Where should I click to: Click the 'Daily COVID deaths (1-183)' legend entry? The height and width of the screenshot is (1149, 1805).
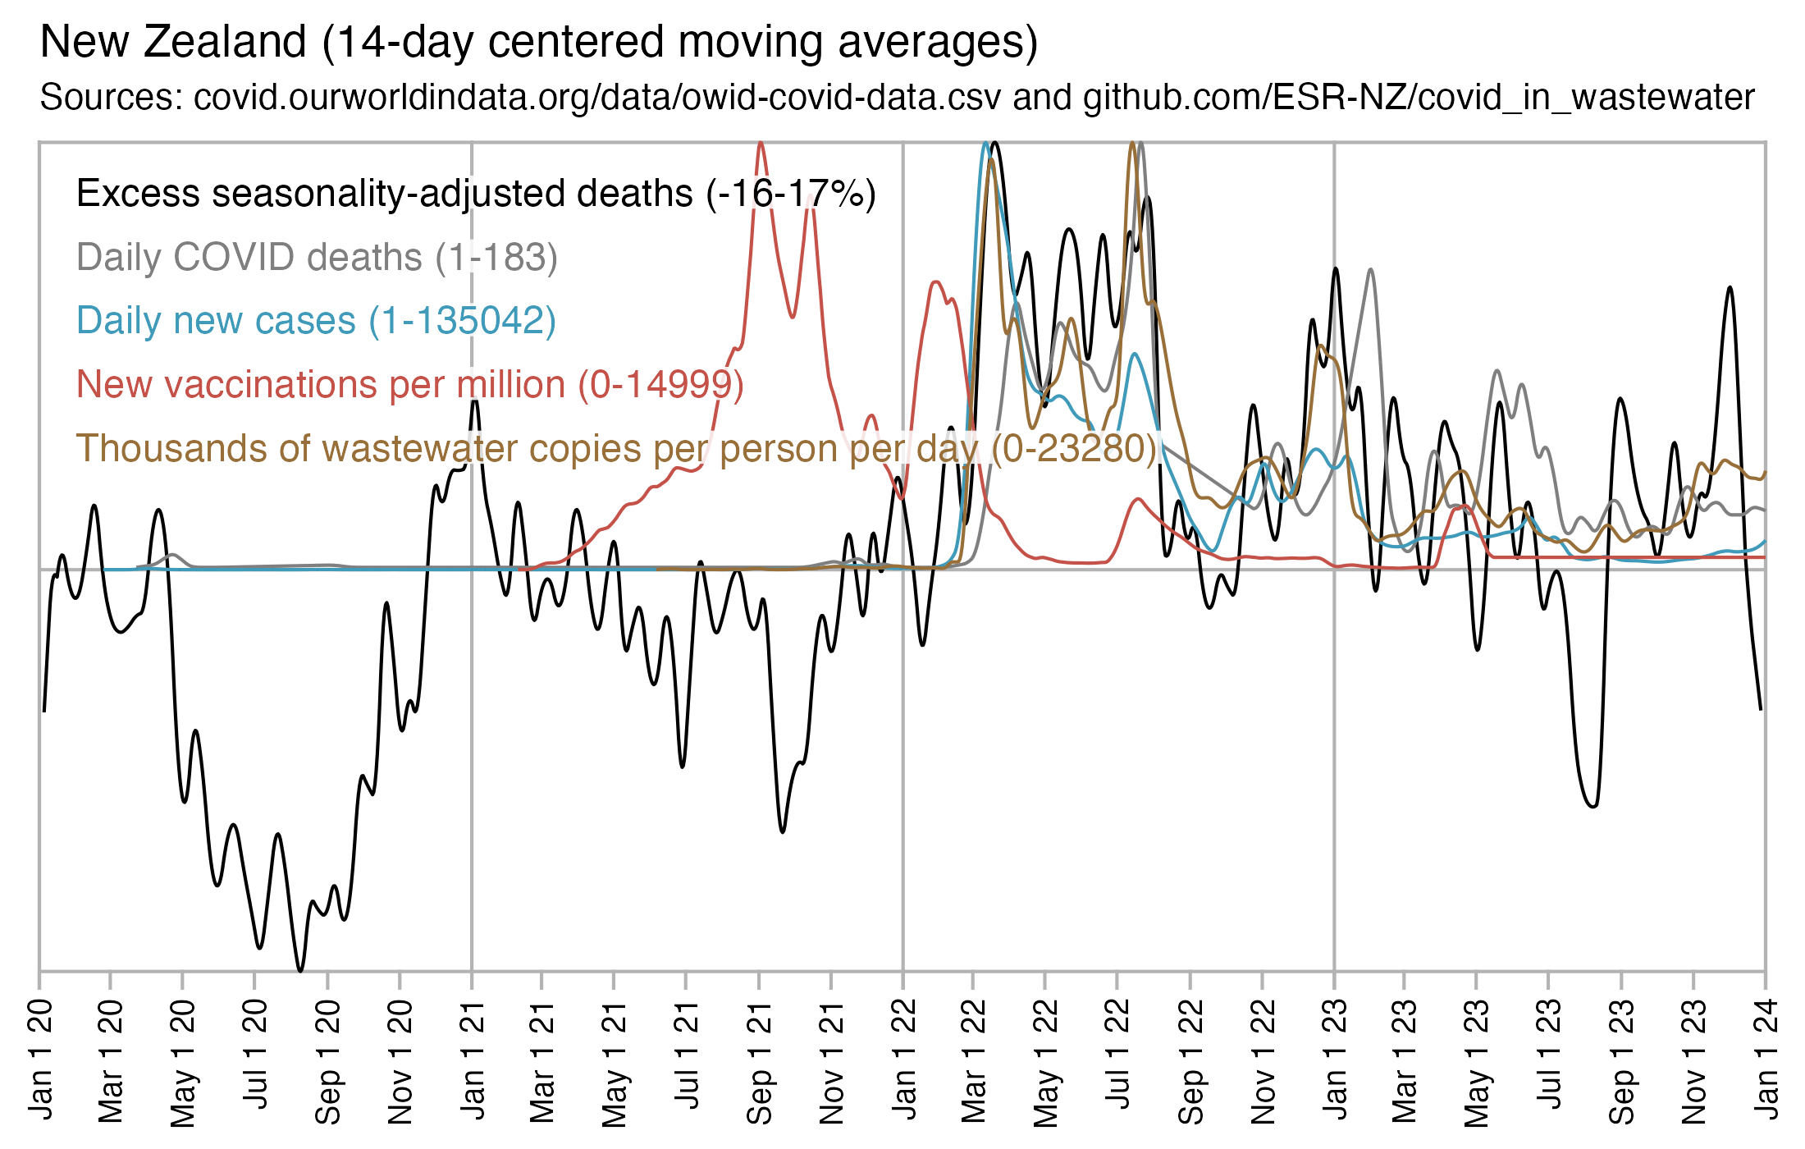[317, 257]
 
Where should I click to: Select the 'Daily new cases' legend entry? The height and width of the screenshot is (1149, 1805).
[316, 320]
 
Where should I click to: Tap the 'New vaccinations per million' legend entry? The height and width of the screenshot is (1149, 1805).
[409, 384]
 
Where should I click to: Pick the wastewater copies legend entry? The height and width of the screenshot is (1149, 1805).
[615, 448]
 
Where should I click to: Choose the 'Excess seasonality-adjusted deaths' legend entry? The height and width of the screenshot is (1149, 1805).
[476, 194]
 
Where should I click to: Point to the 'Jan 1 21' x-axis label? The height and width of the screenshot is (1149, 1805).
[472, 1058]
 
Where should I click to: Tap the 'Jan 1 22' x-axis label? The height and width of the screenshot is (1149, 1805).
[903, 1058]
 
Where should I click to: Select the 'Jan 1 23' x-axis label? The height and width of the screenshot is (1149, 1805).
[1335, 1058]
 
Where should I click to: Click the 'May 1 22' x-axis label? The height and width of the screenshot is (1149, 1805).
[1045, 1062]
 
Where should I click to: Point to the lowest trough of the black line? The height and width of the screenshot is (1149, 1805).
[300, 971]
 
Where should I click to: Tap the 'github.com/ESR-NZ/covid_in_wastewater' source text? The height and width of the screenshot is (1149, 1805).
[1419, 97]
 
